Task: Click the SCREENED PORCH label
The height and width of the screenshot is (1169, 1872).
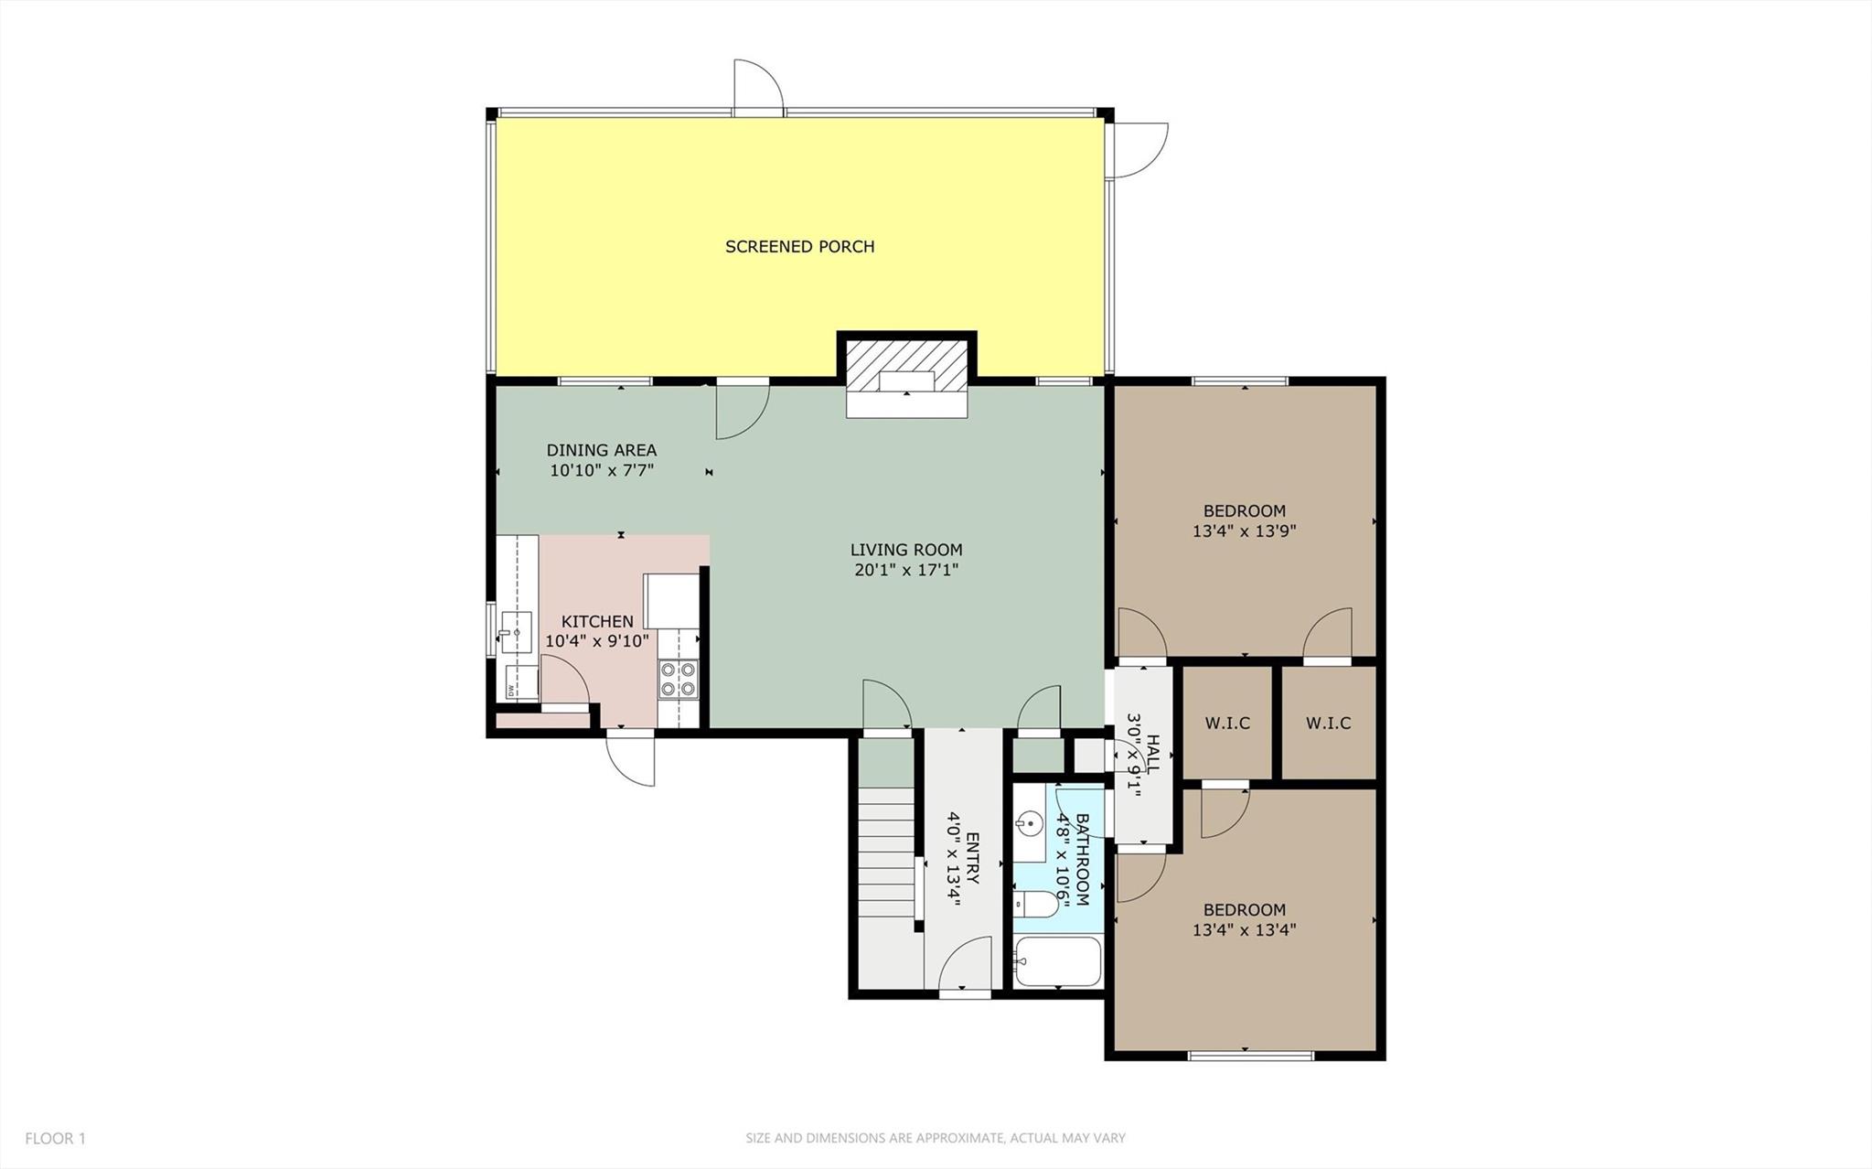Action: point(799,246)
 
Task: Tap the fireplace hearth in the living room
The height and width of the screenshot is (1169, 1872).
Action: point(906,405)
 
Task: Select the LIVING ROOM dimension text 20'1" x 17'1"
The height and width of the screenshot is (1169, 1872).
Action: point(905,570)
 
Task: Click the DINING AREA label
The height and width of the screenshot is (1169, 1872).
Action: point(601,450)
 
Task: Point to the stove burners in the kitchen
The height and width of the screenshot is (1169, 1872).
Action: point(678,679)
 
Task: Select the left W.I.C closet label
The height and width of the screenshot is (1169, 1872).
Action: point(1227,723)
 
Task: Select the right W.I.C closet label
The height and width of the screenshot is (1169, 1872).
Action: point(1328,723)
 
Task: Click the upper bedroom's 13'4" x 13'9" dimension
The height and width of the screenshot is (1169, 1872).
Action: point(1244,531)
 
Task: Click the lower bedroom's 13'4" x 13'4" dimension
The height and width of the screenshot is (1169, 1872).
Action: point(1244,930)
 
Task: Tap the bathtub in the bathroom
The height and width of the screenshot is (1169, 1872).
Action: point(1058,961)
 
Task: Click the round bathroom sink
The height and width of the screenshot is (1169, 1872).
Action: point(1027,825)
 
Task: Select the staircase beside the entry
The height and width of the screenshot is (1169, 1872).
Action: point(886,860)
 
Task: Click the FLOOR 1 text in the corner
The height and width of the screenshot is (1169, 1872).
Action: point(55,1139)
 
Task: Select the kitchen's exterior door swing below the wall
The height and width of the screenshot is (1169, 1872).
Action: point(631,759)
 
